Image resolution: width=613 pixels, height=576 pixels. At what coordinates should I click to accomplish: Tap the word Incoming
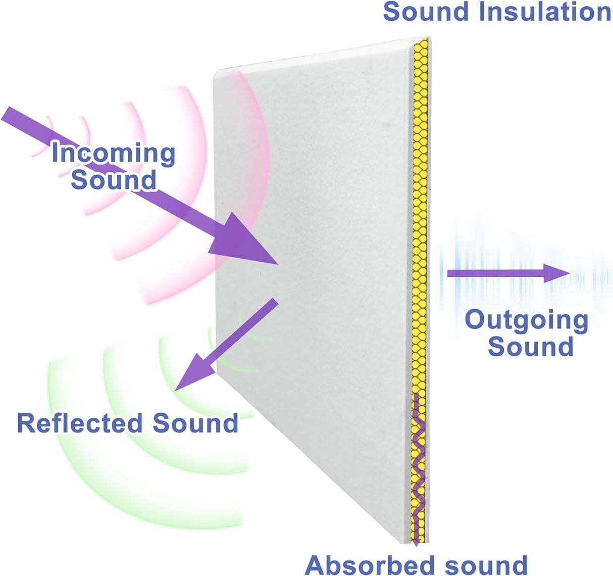tap(113, 153)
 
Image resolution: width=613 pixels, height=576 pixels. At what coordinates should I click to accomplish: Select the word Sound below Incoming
tap(113, 180)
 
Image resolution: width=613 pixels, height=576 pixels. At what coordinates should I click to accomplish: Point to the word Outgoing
tap(526, 320)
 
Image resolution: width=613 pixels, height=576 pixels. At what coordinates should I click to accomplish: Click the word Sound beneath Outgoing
tap(530, 347)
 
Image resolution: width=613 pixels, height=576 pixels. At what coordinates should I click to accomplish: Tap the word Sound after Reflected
tap(195, 423)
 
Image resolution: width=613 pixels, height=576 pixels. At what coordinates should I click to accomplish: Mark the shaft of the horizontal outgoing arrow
tap(495, 274)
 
